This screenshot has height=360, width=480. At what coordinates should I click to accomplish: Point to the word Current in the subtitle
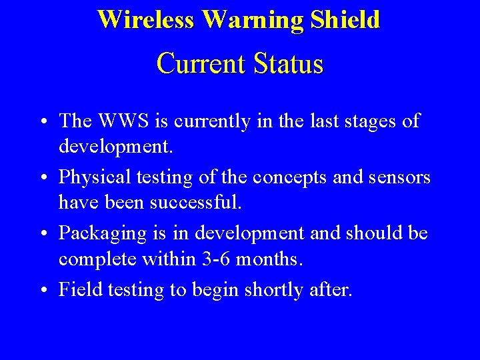[201, 64]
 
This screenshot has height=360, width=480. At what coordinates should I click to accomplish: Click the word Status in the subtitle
[287, 64]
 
